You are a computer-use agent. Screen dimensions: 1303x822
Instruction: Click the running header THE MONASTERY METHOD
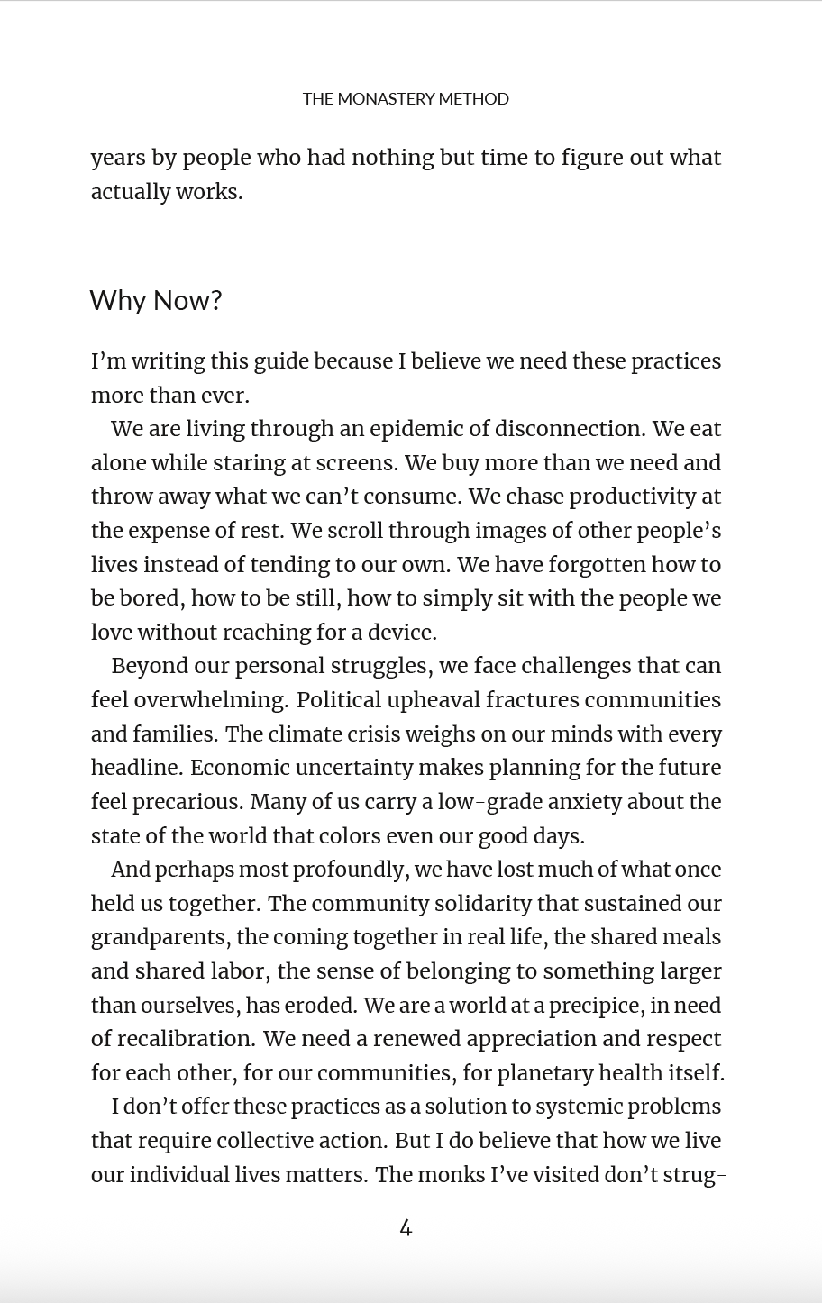406,99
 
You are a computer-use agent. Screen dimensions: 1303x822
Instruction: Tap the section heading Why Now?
156,300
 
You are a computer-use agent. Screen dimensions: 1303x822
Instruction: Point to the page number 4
406,1227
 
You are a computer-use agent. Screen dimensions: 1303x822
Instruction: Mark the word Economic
234,768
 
